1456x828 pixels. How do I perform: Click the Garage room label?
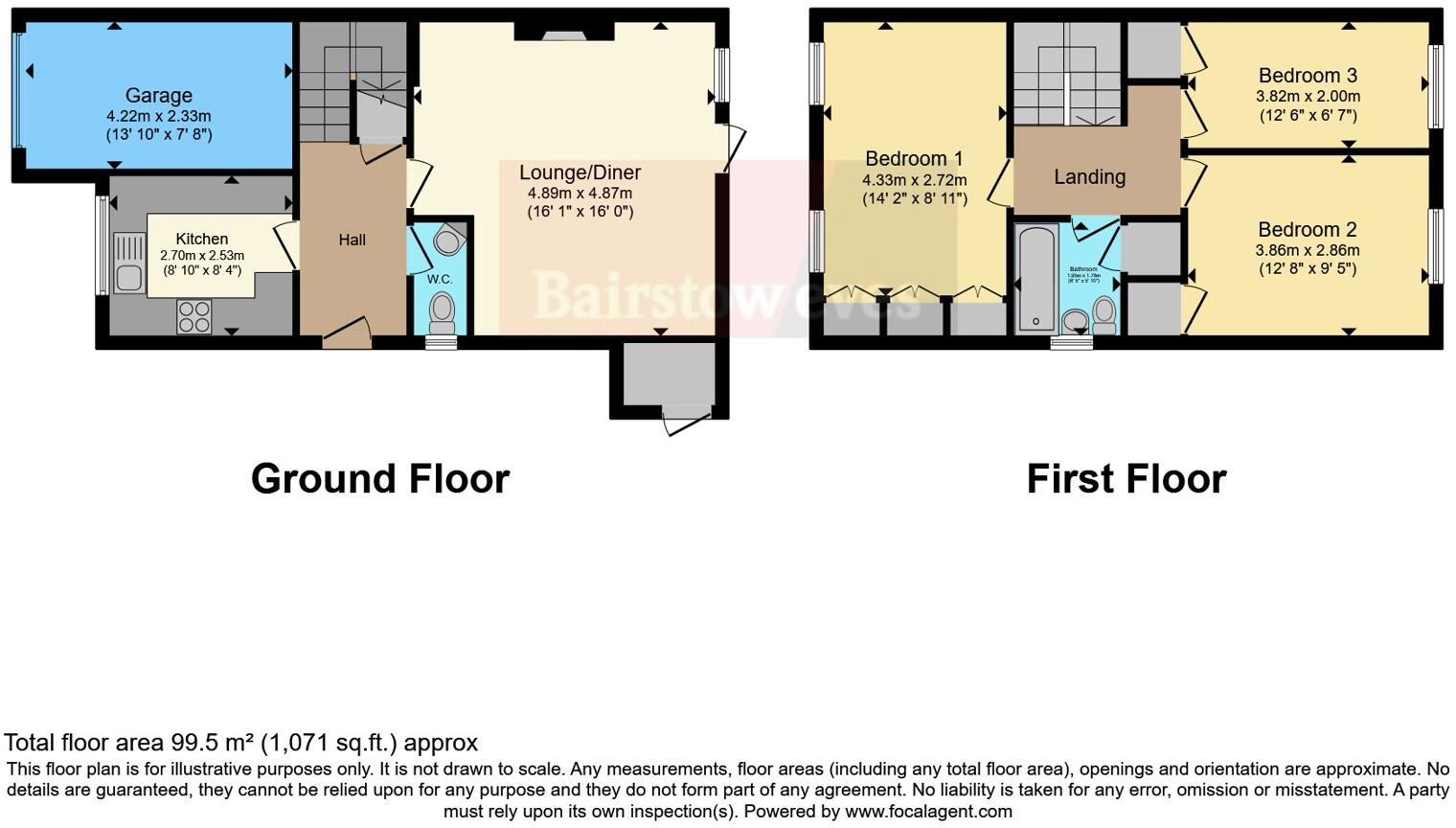(158, 95)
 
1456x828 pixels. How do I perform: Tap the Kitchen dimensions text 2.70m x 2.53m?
(201, 256)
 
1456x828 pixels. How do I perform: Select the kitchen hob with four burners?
(193, 317)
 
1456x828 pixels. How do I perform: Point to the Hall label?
(352, 240)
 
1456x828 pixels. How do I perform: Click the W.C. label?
(440, 279)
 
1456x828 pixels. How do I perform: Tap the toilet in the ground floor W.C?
(442, 311)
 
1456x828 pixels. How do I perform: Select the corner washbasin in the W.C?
(447, 241)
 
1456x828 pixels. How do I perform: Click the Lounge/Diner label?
(580, 172)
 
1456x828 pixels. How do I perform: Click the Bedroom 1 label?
(914, 158)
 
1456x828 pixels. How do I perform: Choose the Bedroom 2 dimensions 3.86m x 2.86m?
(1308, 250)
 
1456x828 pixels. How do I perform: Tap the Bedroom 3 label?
(1308, 75)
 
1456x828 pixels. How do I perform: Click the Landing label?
(1089, 176)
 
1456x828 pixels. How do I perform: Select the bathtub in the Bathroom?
(1036, 278)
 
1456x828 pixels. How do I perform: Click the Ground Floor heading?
(379, 478)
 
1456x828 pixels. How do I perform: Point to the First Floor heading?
(1126, 478)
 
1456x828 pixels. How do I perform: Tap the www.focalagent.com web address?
(928, 811)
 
